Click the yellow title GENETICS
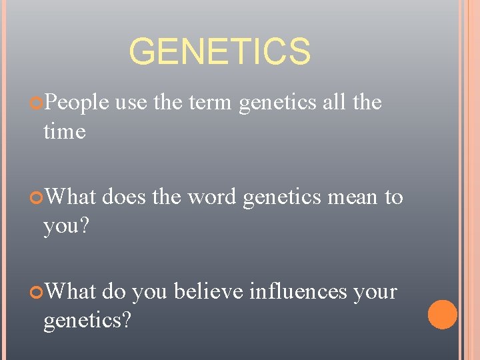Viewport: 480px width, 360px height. pos(219,52)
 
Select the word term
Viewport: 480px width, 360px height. pos(211,103)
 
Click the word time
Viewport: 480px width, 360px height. pos(64,131)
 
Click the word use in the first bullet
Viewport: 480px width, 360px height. pos(131,103)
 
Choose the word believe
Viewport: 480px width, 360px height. pos(210,292)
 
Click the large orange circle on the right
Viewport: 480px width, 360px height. pos(442,315)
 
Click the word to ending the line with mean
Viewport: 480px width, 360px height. pos(393,198)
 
